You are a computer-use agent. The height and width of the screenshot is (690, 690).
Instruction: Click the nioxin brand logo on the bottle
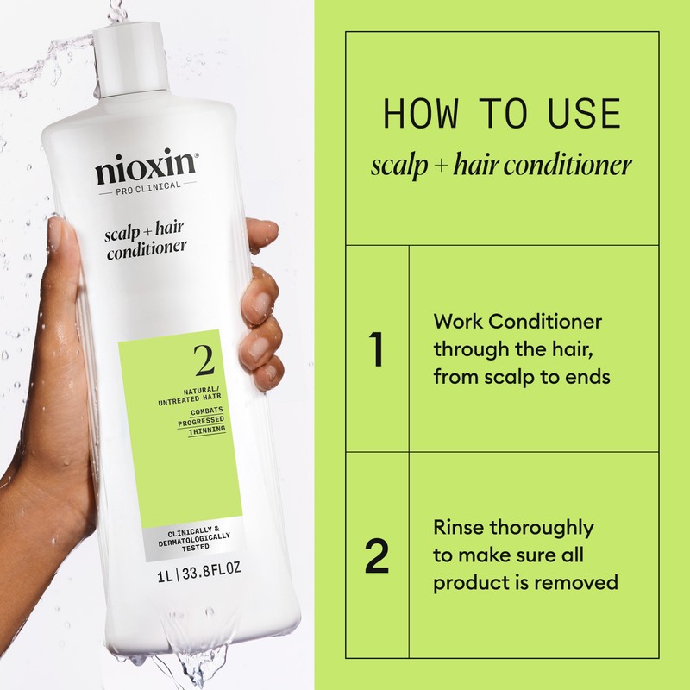pos(147,166)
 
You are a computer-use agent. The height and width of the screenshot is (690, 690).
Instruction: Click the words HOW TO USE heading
pos(502,114)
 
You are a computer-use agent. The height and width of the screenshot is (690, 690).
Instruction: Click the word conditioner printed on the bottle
pos(147,253)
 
